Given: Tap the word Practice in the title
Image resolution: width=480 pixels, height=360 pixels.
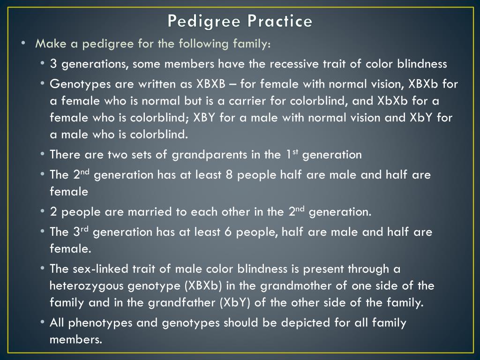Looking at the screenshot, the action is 280,21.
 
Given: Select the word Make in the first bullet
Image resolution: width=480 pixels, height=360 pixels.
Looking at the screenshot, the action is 51,44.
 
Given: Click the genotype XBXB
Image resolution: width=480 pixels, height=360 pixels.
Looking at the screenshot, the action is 210,84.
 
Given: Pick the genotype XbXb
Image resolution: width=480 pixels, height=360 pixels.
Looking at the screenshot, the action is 392,101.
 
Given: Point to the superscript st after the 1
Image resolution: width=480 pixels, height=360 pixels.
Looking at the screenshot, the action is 295,151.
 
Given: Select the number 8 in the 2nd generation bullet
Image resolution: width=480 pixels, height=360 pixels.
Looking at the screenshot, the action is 229,175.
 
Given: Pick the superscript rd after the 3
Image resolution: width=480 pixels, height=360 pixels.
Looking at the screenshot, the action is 84,228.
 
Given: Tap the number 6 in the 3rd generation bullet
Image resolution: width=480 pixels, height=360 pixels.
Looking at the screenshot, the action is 228,232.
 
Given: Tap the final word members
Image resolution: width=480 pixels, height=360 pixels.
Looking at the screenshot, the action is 75,339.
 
